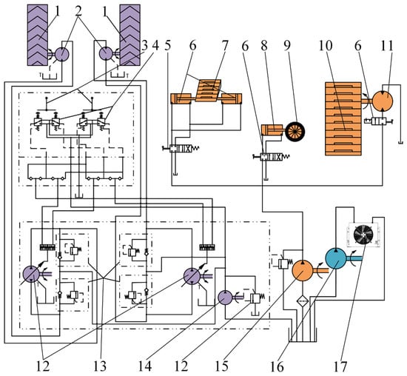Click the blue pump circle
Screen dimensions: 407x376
click(336, 258)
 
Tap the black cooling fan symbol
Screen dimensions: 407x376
click(364, 235)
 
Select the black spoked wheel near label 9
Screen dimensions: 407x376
click(295, 132)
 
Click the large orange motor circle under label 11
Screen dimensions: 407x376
click(383, 101)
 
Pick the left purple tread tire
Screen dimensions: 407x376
click(38, 35)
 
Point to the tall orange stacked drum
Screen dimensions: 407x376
click(343, 118)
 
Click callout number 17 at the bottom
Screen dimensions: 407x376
click(340, 367)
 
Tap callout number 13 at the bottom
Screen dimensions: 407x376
click(100, 367)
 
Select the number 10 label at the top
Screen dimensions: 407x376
click(326, 46)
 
